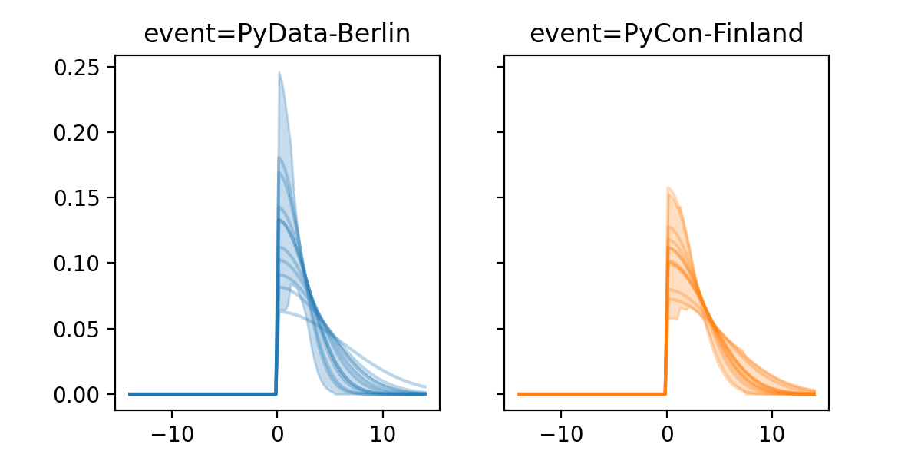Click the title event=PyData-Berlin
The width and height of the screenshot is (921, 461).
pos(277,34)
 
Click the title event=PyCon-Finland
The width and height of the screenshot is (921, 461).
pos(666,34)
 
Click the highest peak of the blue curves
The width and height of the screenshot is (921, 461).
pos(279,72)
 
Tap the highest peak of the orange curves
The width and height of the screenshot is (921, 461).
pos(668,187)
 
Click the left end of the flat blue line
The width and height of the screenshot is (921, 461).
pos(130,394)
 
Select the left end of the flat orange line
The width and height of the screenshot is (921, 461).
pos(519,394)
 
